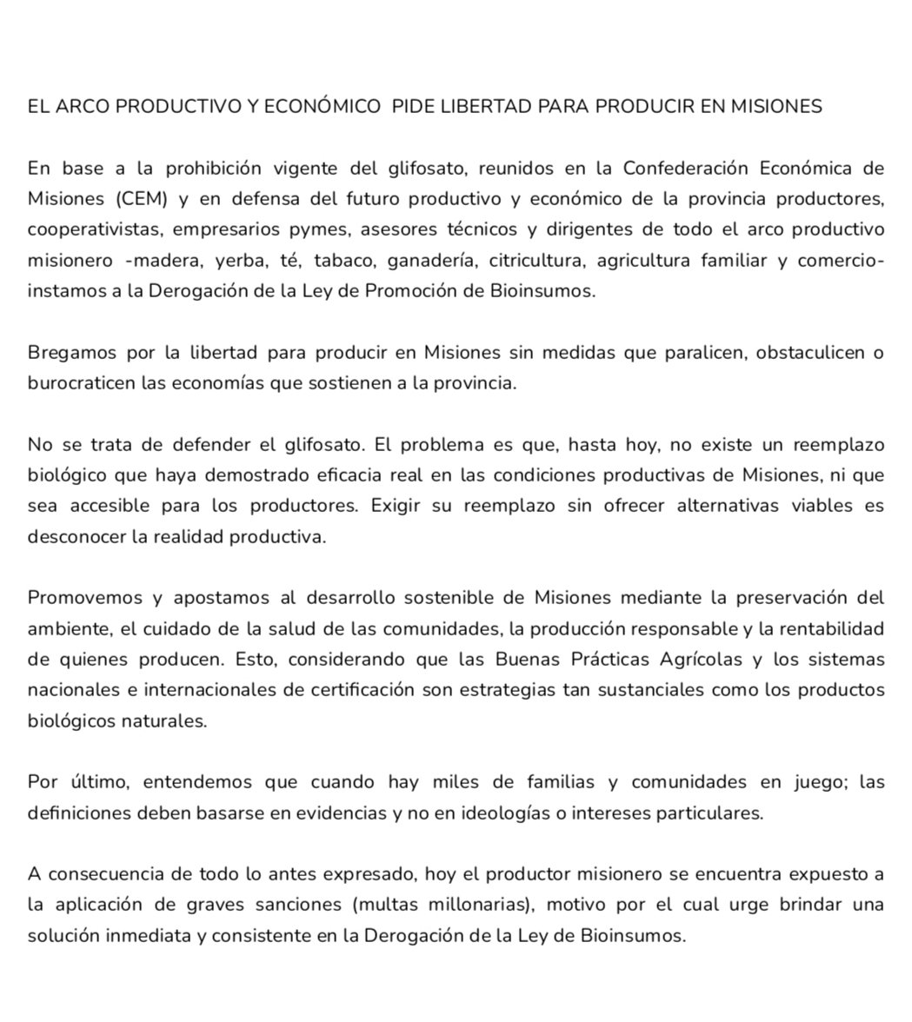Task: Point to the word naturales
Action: [x=163, y=721]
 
